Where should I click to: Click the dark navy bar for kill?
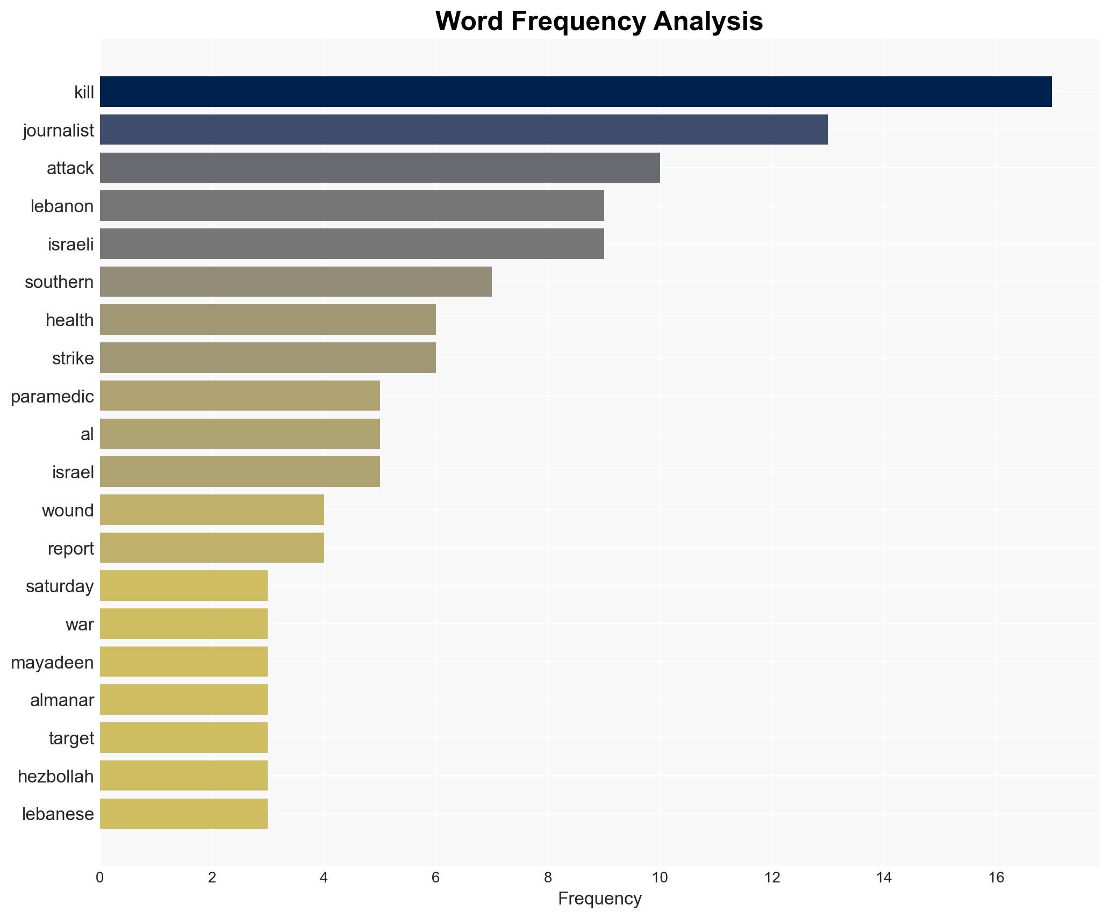click(575, 92)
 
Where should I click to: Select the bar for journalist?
click(463, 130)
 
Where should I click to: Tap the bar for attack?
click(379, 168)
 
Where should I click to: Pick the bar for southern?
click(296, 282)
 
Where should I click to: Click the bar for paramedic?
click(240, 396)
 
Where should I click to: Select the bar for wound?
click(212, 510)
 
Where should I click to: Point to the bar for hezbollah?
click(184, 776)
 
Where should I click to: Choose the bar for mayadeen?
click(184, 662)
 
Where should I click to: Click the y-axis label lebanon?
click(62, 206)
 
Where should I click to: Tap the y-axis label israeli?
click(70, 245)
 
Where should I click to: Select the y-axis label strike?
click(73, 358)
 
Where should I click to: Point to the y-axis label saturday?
click(60, 586)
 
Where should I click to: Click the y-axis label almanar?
click(62, 700)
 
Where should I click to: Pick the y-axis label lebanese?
click(58, 814)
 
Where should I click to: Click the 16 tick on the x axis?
click(996, 878)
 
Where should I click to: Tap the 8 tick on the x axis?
click(548, 878)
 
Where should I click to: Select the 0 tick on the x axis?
click(100, 878)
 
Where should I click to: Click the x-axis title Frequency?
click(599, 899)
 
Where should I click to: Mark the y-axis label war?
click(80, 624)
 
